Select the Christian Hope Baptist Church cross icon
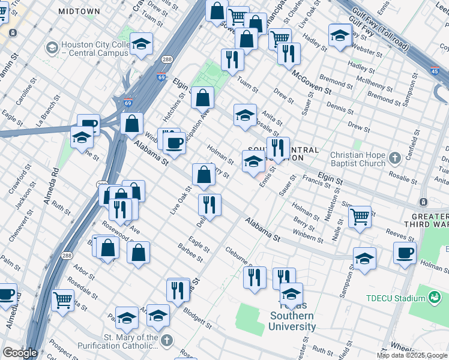pyautogui.click(x=394, y=158)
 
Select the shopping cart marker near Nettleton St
pyautogui.click(x=360, y=216)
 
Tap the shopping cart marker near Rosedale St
pyautogui.click(x=63, y=299)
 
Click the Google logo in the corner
pyautogui.click(x=19, y=353)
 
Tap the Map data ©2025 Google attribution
pyautogui.click(x=412, y=355)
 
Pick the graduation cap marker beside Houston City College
pyautogui.click(x=141, y=44)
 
